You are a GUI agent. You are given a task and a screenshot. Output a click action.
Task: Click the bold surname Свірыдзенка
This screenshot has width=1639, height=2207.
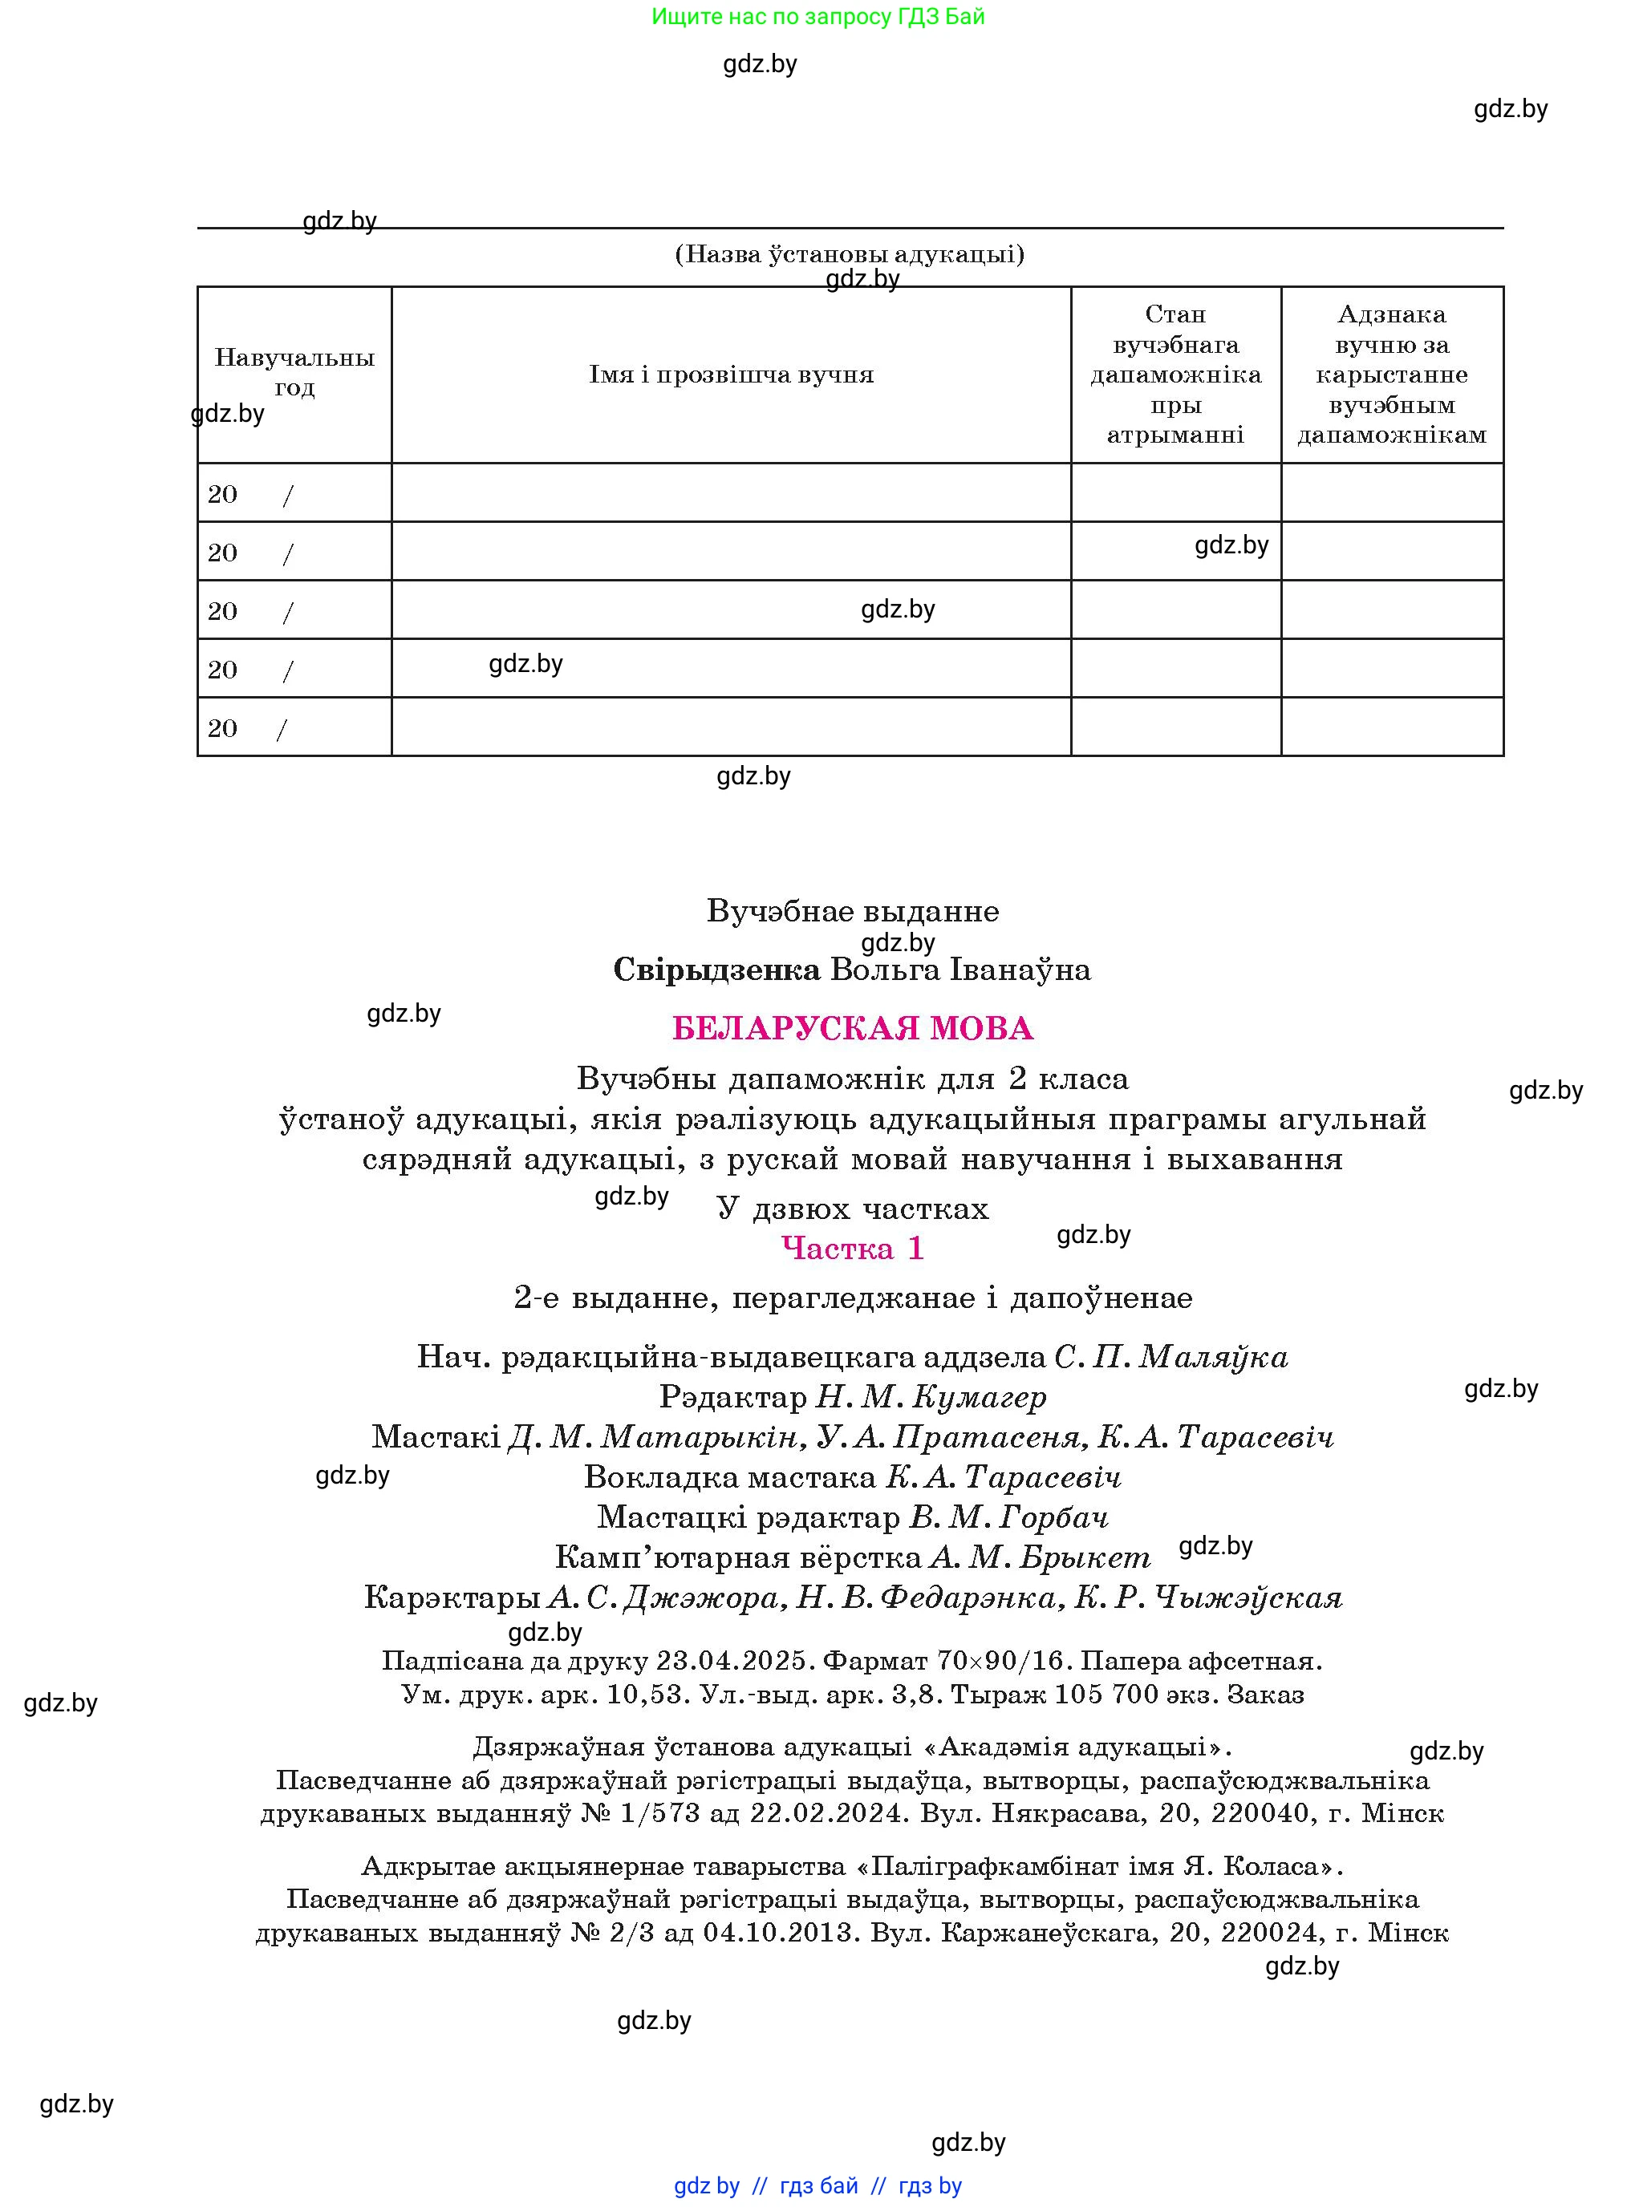(716, 970)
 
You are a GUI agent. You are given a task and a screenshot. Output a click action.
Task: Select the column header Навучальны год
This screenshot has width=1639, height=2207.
(294, 373)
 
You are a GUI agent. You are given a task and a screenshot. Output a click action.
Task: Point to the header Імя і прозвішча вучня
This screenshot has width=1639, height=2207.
(731, 375)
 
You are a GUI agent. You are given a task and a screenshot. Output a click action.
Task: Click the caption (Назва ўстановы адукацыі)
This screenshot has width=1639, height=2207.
(850, 255)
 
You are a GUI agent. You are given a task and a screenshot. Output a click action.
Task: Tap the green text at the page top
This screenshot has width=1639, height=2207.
(818, 17)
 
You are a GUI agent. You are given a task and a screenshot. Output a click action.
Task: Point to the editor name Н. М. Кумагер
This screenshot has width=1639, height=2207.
(931, 1398)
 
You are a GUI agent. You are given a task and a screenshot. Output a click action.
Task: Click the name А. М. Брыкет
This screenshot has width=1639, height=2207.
(1040, 1557)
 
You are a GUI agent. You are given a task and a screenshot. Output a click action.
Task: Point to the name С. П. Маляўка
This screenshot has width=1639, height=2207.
(1170, 1357)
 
